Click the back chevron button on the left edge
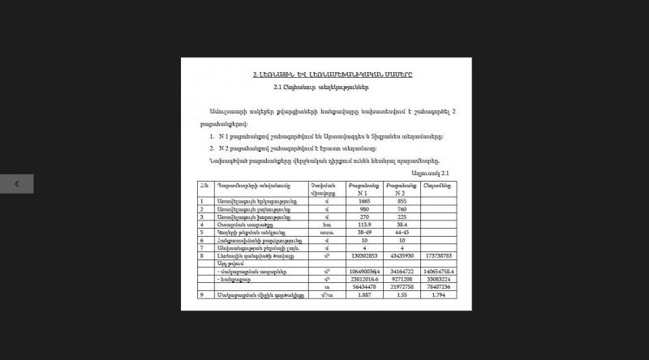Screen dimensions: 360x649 16,184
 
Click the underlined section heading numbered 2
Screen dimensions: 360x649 333,75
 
